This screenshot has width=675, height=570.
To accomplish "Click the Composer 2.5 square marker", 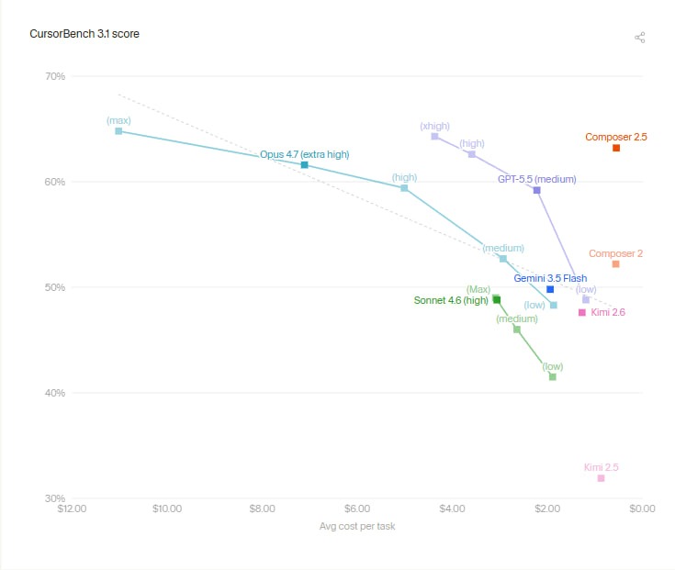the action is coord(616,148).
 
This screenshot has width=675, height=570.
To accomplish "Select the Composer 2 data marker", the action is coord(615,264).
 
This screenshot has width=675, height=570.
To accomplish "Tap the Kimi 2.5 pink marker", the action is coord(601,478).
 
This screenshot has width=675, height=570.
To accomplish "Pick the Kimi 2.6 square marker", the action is coord(582,312).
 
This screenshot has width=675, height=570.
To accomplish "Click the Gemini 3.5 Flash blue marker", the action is coord(550,289).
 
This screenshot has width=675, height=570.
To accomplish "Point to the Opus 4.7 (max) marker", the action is coord(118,131).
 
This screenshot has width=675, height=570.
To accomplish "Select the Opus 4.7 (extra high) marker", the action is coord(304,165).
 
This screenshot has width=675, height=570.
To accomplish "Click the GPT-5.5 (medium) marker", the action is coord(537,190).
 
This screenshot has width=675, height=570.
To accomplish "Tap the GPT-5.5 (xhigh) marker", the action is coord(434,137).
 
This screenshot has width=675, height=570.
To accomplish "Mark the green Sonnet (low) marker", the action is coord(553,377).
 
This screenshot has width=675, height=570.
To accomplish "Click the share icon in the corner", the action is coord(640,38).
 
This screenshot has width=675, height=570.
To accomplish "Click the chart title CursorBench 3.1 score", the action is coord(84,34).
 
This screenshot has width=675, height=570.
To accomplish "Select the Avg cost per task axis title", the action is coord(357,526).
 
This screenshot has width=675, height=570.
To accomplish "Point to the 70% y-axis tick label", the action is coord(55,76).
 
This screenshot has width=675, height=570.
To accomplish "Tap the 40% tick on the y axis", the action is coord(55,393).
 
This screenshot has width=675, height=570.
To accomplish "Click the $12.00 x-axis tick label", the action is coord(72,509).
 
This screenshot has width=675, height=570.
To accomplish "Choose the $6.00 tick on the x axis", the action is coord(357,509).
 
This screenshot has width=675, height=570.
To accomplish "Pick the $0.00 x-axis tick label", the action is coord(642,509).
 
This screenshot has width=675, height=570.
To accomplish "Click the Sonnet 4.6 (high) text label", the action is coord(451,300).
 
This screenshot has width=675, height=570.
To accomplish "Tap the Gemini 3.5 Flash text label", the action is coord(550,278).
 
